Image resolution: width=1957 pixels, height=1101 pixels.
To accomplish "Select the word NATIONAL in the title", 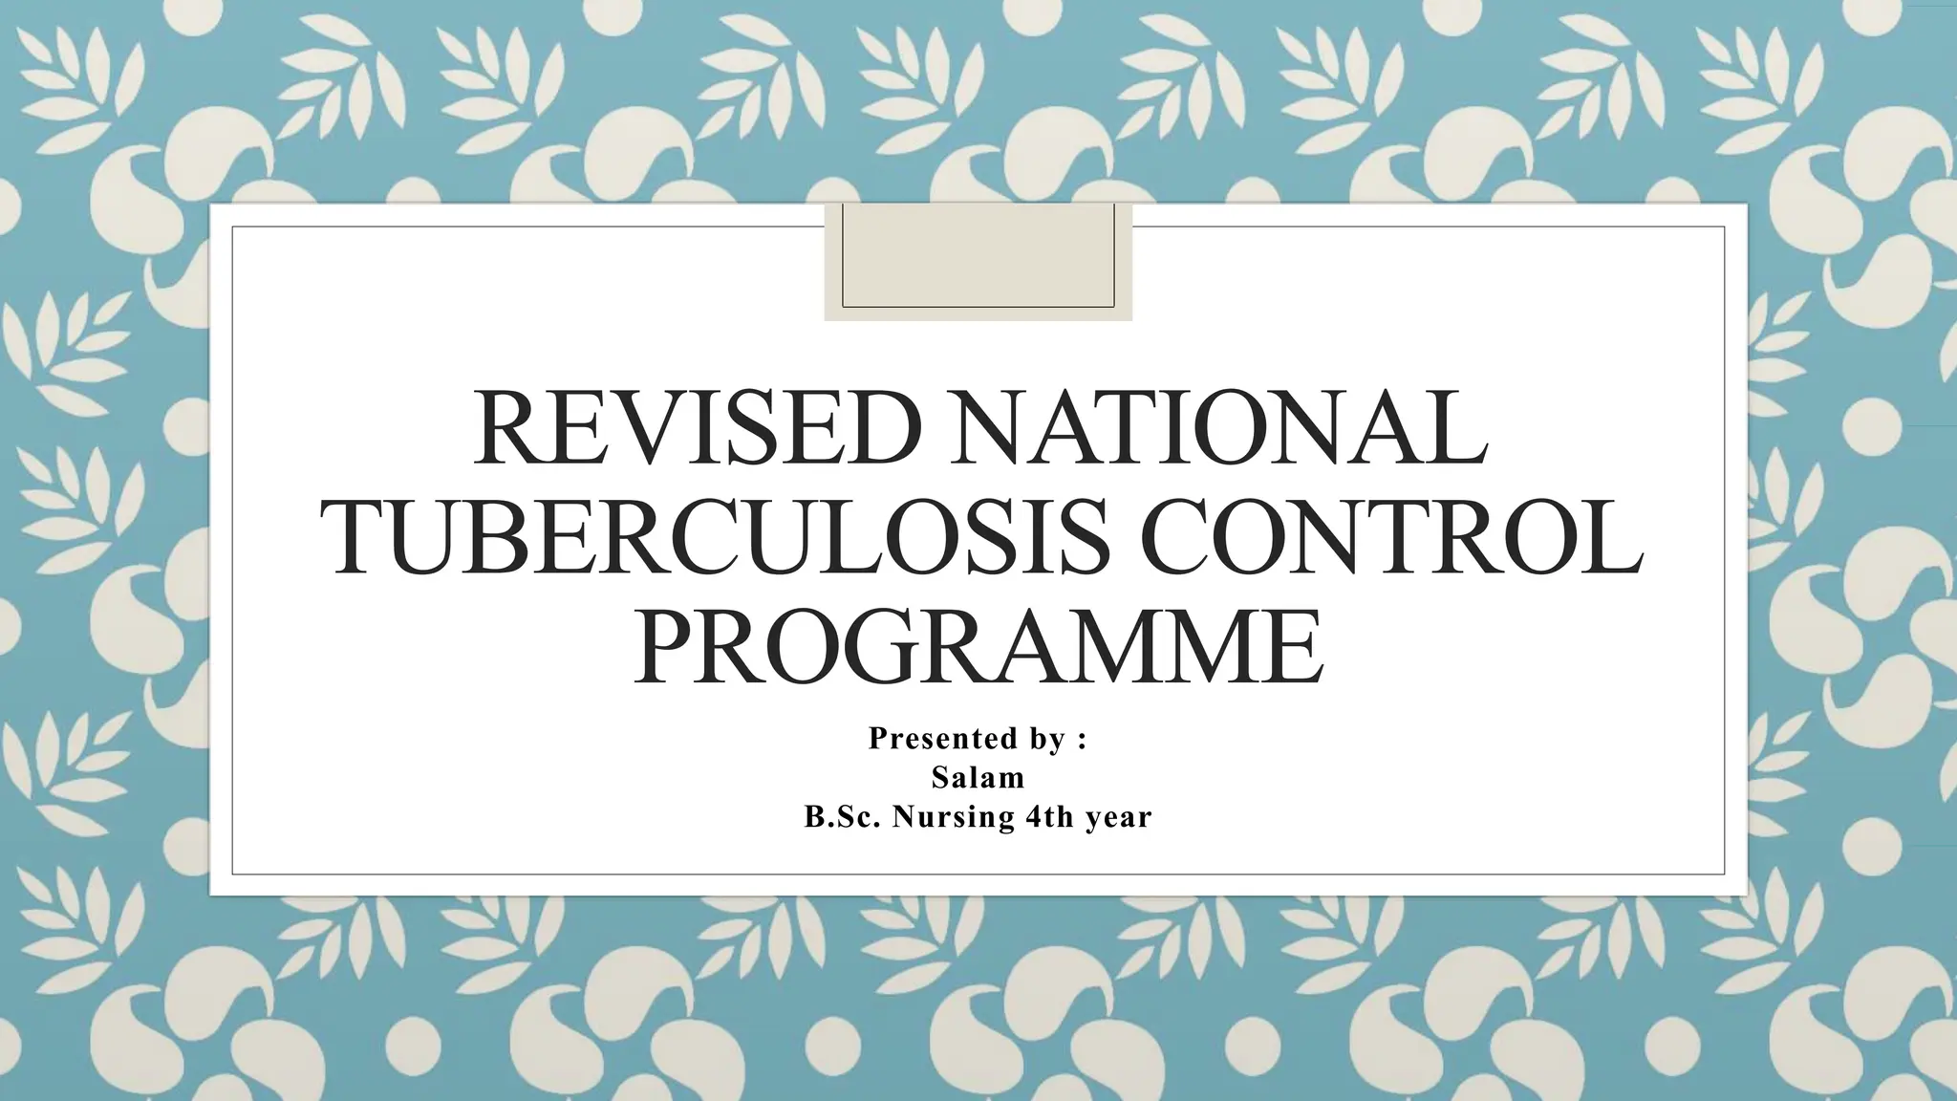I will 1216,427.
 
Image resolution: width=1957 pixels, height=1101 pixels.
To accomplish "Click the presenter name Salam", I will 978,778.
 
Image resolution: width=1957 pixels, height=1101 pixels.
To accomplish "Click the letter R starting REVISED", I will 505,427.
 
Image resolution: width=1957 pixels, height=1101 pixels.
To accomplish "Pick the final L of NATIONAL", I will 1460,427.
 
